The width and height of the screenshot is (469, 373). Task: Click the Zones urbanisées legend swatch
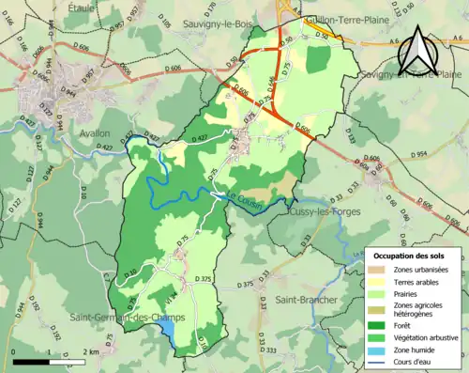380,269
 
